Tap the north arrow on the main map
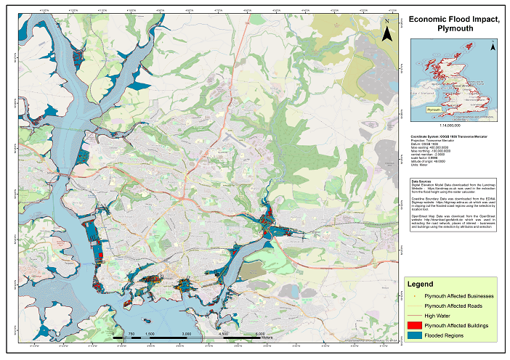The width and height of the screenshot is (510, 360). coord(388,30)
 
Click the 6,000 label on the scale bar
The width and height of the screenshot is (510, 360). coord(260,334)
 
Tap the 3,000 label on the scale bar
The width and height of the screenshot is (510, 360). coord(186,334)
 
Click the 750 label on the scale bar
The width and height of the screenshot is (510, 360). coord(130,334)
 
